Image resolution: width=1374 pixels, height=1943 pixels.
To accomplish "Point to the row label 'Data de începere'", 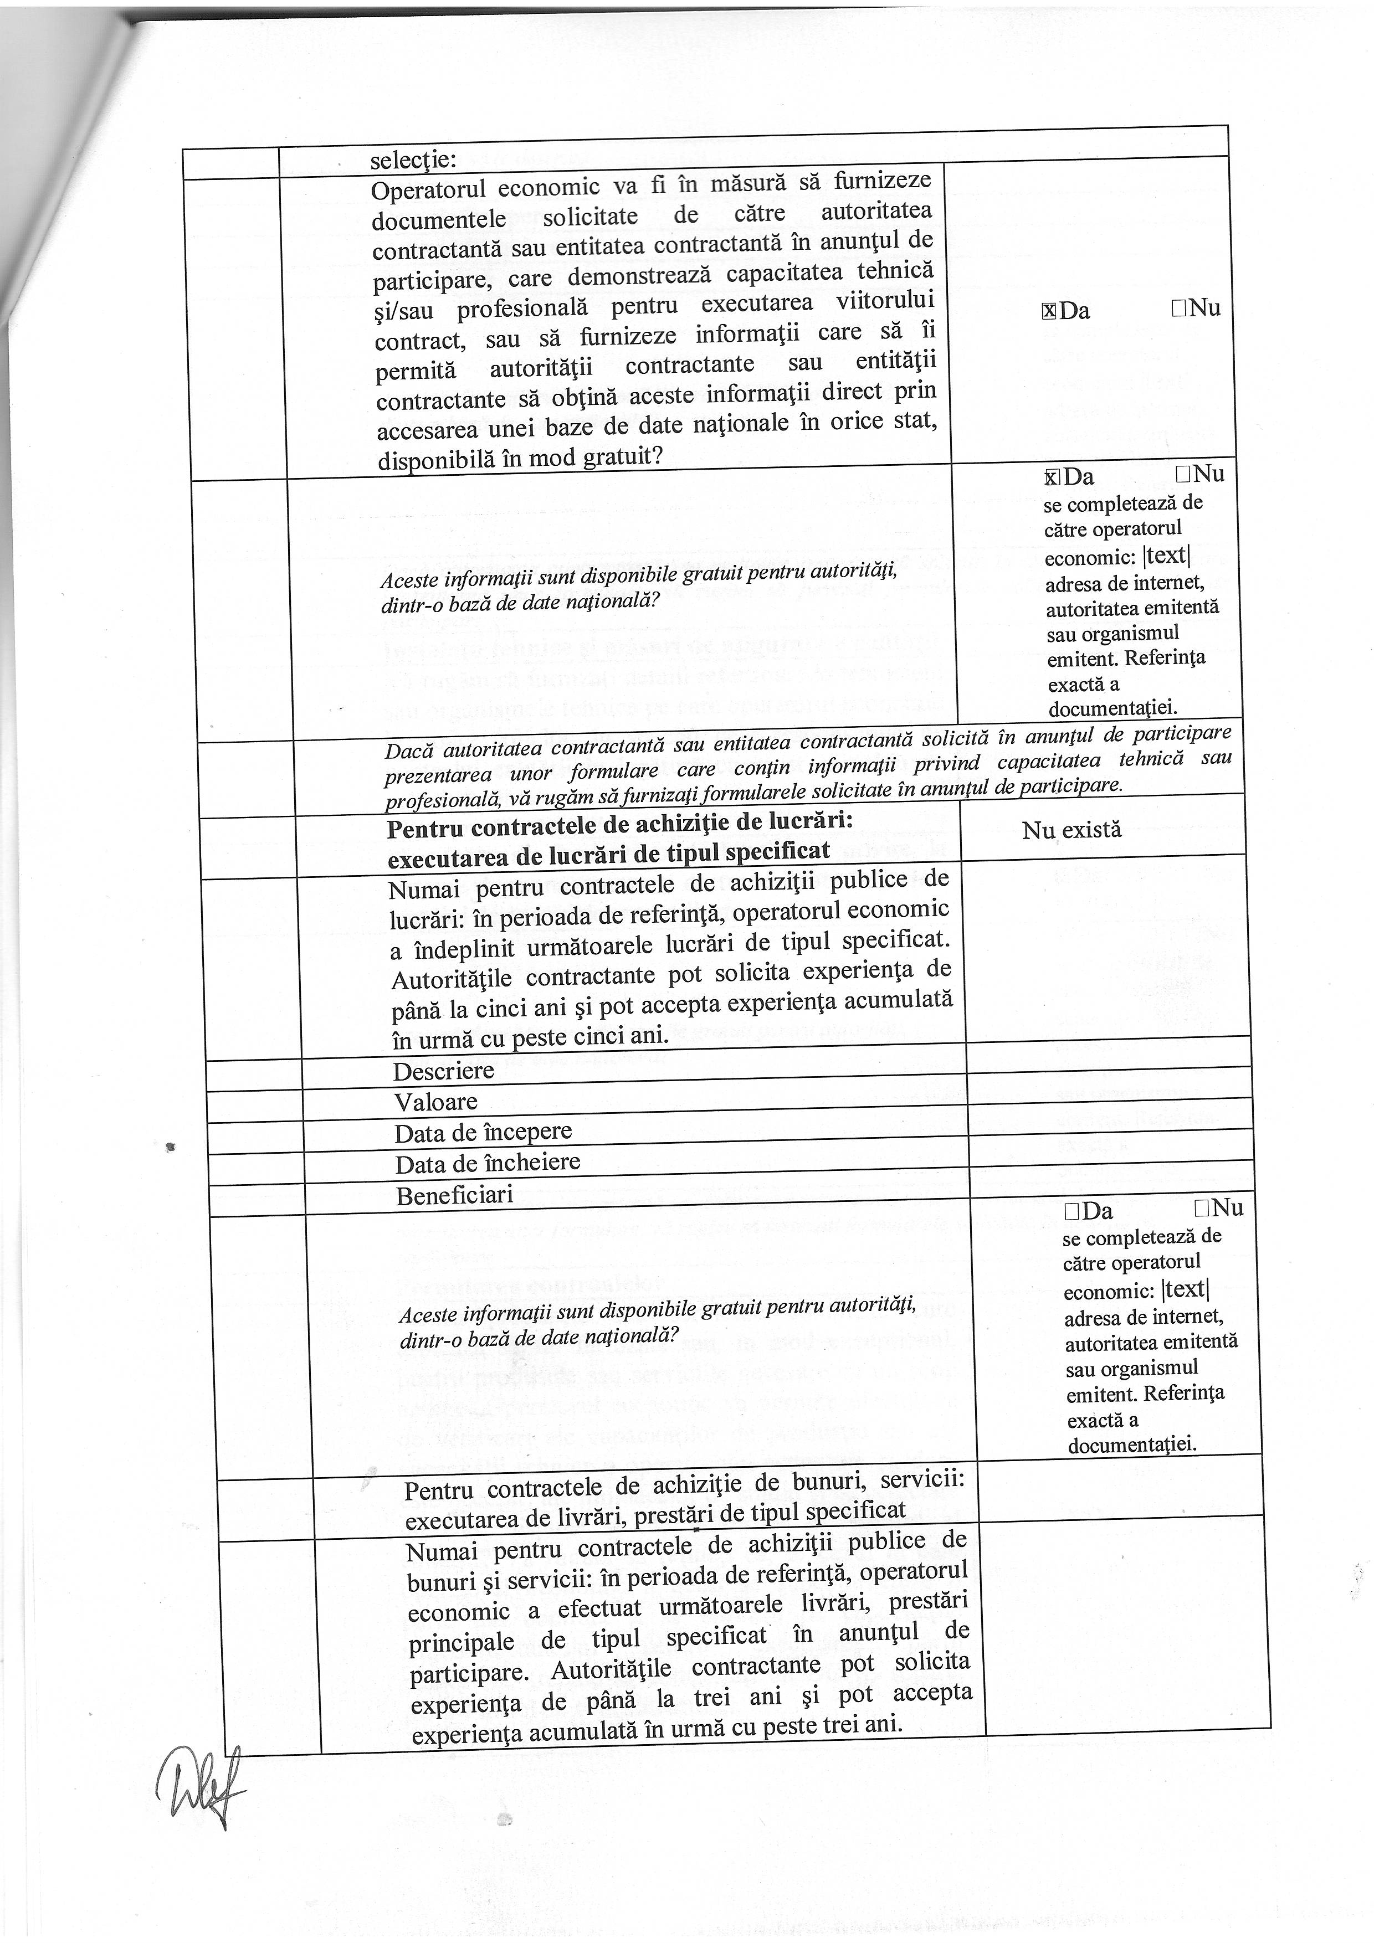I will (x=483, y=1132).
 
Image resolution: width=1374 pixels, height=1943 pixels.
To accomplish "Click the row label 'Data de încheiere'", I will (x=487, y=1163).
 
